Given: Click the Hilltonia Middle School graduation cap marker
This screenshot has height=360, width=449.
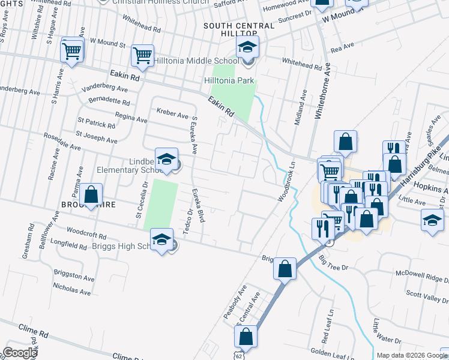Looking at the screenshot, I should pos(247,47).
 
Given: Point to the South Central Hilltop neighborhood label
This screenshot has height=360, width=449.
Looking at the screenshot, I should pos(239,26).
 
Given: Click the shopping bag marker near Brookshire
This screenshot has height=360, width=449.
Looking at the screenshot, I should pos(91,196).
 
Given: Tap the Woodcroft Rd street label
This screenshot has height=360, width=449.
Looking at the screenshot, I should pos(86,229).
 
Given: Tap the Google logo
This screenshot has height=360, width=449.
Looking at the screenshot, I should pos(20,353).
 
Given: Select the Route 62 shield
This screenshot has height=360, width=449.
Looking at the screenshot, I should pos(240,355).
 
